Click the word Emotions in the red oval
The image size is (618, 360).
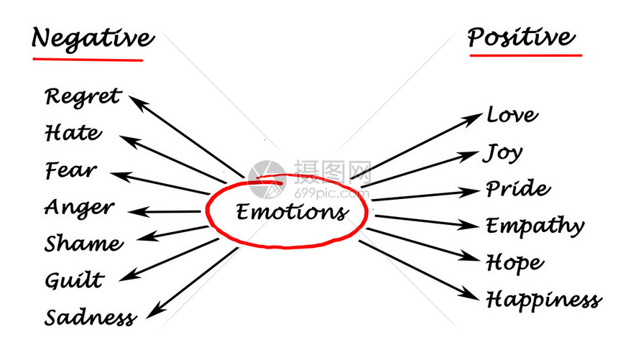[x=291, y=212]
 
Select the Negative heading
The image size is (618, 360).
[x=92, y=38]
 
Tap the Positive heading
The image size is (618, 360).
[x=521, y=37]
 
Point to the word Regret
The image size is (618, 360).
[x=83, y=96]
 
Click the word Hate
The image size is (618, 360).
[x=73, y=133]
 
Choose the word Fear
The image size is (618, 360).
[x=70, y=170]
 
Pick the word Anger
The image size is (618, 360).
[x=79, y=208]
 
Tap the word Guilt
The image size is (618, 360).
[x=74, y=280]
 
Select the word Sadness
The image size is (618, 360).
[x=90, y=317]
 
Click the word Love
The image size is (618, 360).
[x=512, y=115]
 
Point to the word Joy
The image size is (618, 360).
[x=504, y=153]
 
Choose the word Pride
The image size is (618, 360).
[x=517, y=190]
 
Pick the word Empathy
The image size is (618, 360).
[x=535, y=227]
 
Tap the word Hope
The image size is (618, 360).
[x=515, y=263]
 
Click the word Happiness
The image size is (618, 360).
[x=543, y=299]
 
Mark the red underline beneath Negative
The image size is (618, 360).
[x=87, y=57]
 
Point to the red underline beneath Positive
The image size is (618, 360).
[x=525, y=54]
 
